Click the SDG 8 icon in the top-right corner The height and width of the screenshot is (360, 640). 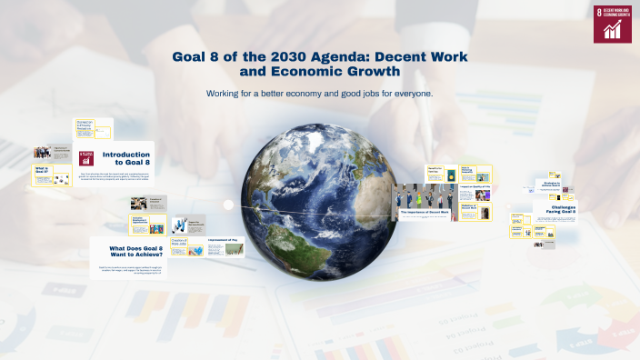point(613,23)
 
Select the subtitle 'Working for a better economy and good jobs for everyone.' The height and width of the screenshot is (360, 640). point(319,94)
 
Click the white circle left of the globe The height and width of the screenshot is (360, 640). point(229,204)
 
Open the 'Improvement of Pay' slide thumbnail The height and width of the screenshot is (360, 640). point(224,246)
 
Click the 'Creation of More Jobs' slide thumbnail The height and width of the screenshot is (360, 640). point(187,246)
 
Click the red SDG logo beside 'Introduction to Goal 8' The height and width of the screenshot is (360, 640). point(86,157)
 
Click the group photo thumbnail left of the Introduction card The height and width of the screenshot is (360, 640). point(42,153)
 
